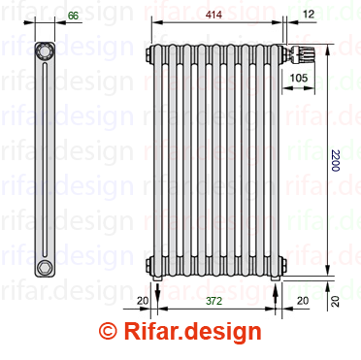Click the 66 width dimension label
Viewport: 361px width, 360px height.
point(74,16)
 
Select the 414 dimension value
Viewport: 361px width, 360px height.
point(214,15)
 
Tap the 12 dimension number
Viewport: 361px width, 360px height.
point(309,14)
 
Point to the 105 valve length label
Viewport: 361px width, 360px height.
point(299,78)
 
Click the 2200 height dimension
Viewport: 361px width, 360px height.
point(335,160)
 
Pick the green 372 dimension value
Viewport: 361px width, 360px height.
point(214,301)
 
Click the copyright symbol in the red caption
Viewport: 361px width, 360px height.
point(108,331)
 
